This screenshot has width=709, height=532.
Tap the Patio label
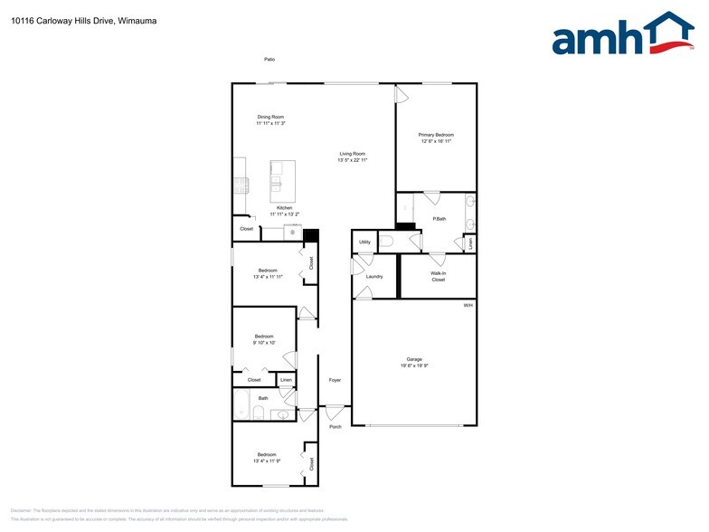click(269, 59)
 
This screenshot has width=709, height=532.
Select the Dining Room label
click(270, 117)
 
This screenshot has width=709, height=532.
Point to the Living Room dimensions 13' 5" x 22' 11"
click(352, 159)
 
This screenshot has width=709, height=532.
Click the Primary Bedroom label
click(436, 135)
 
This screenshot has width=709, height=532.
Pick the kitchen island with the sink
click(283, 179)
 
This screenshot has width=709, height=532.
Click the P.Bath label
click(440, 219)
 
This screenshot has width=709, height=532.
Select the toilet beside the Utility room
click(386, 241)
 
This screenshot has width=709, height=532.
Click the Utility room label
click(364, 242)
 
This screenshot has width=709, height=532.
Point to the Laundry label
click(374, 276)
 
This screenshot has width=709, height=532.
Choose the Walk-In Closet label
click(438, 276)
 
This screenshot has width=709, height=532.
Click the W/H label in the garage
click(468, 306)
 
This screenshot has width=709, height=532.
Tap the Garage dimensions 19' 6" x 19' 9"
click(413, 366)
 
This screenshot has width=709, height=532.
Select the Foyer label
click(334, 380)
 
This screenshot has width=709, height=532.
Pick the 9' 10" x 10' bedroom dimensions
click(263, 343)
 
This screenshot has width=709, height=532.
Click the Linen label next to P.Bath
click(469, 242)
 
